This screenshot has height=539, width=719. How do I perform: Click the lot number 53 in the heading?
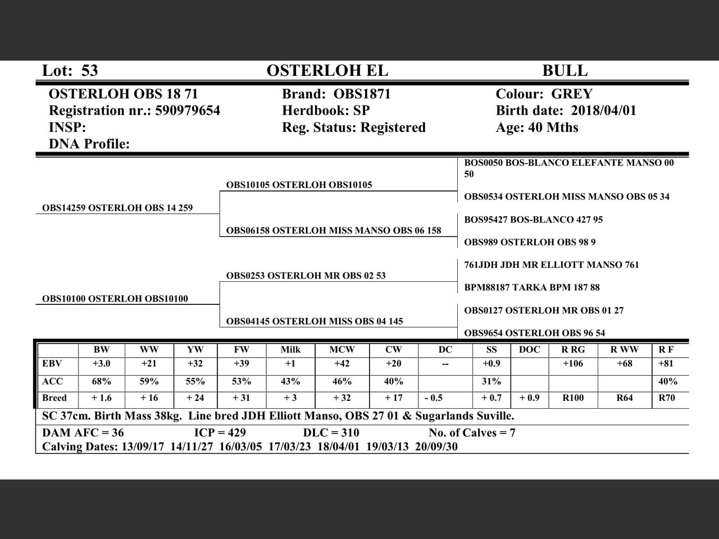[x=89, y=71]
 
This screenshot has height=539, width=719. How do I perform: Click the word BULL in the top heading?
[x=565, y=71]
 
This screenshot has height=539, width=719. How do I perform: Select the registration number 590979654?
[x=188, y=111]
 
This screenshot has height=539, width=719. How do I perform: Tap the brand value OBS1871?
[x=362, y=94]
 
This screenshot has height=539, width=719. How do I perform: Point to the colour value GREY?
[x=572, y=94]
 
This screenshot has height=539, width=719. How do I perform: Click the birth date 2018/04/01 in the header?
[x=604, y=111]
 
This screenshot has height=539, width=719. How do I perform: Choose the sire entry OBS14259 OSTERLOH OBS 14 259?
[x=117, y=208]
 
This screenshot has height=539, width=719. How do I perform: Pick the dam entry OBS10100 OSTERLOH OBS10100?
[x=115, y=299]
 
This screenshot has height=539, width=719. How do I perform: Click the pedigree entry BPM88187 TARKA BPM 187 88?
[x=532, y=287]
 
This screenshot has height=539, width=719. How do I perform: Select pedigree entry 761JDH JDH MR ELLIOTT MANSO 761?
[x=552, y=264]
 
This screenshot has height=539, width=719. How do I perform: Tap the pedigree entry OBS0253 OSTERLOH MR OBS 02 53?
[x=306, y=276]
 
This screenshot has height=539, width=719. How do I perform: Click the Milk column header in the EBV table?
[x=290, y=350]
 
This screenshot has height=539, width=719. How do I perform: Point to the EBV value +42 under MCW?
[x=342, y=364]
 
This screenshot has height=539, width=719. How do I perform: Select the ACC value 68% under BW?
[x=101, y=381]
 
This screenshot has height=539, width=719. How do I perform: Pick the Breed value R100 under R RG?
[x=573, y=398]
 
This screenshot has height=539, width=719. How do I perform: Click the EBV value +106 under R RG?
[x=574, y=364]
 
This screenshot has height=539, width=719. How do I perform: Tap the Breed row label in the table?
[x=54, y=398]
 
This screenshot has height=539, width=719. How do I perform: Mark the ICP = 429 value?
[x=220, y=433]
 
